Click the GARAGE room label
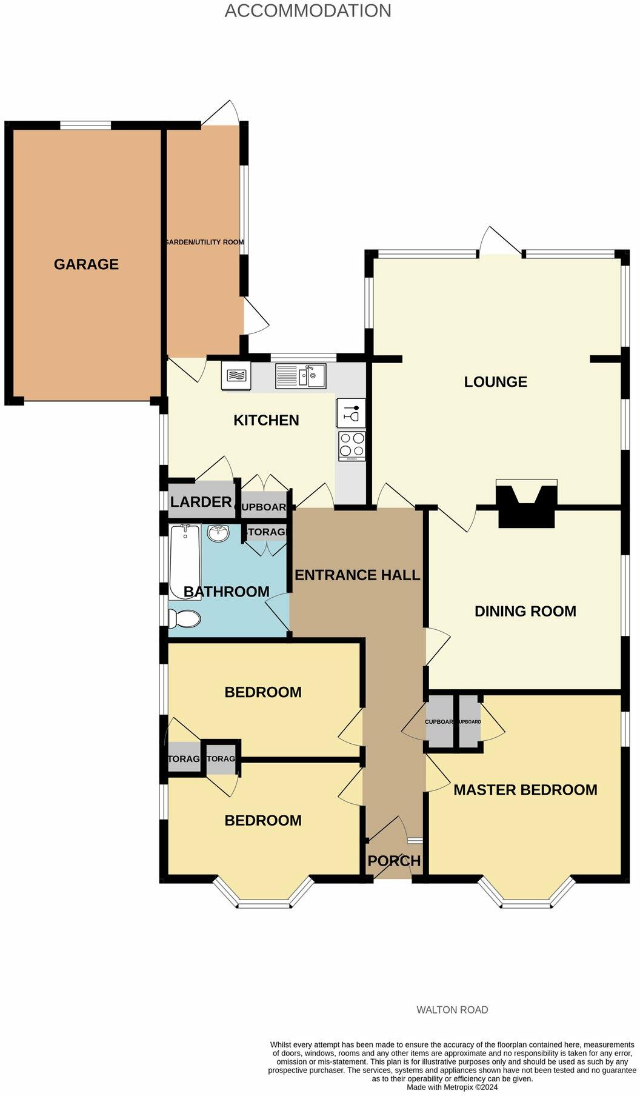pyautogui.click(x=86, y=264)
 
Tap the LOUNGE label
pyautogui.click(x=495, y=382)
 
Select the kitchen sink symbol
pyautogui.click(x=301, y=376)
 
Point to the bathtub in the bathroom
pyautogui.click(x=184, y=561)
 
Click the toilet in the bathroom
pyautogui.click(x=184, y=619)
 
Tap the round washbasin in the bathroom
pyautogui.click(x=218, y=533)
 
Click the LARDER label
pyautogui.click(x=201, y=502)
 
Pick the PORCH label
pyautogui.click(x=394, y=861)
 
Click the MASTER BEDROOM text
pyautogui.click(x=525, y=790)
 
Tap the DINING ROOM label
pyautogui.click(x=525, y=611)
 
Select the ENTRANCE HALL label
pyautogui.click(x=357, y=575)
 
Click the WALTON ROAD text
pyautogui.click(x=452, y=1010)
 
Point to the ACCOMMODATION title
pyautogui.click(x=308, y=10)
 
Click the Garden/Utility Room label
pyautogui.click(x=204, y=242)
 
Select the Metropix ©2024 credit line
pyautogui.click(x=452, y=1088)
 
